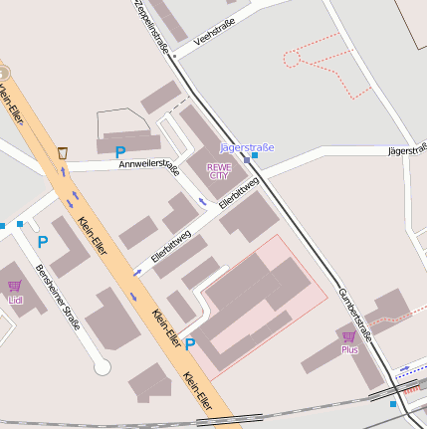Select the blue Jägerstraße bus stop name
pos(246,148)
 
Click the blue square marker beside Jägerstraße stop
pos(256,155)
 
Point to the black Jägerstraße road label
pos(404,149)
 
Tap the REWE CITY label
pos(218,169)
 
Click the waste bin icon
pos(63,153)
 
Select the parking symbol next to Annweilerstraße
pos(119,153)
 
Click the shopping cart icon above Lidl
pos(14,287)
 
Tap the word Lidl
pos(14,300)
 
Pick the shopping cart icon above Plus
pos(348,337)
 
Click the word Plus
pos(348,350)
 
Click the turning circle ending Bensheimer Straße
pos(102,367)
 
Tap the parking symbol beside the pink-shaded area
pos(189,344)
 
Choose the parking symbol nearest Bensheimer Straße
pos(42,241)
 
